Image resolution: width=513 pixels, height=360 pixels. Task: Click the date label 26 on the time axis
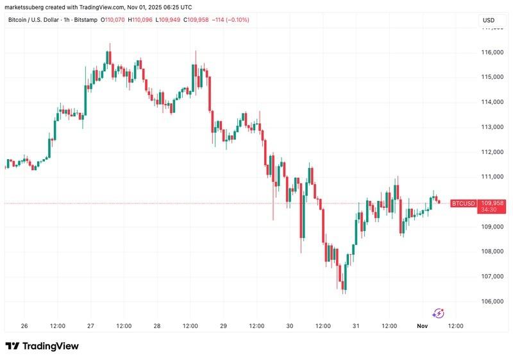coord(24,326)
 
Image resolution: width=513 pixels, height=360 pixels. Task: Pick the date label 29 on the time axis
coord(223,326)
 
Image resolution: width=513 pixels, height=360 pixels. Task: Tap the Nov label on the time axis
coord(423,326)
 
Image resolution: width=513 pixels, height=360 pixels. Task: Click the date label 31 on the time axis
coord(356,326)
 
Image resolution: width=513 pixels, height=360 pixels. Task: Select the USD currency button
coord(488,21)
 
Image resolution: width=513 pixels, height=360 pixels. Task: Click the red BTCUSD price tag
coord(463,203)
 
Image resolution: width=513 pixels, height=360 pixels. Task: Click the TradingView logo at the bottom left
coord(42,346)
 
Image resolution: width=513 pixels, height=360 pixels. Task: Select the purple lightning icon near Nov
coord(439,313)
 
